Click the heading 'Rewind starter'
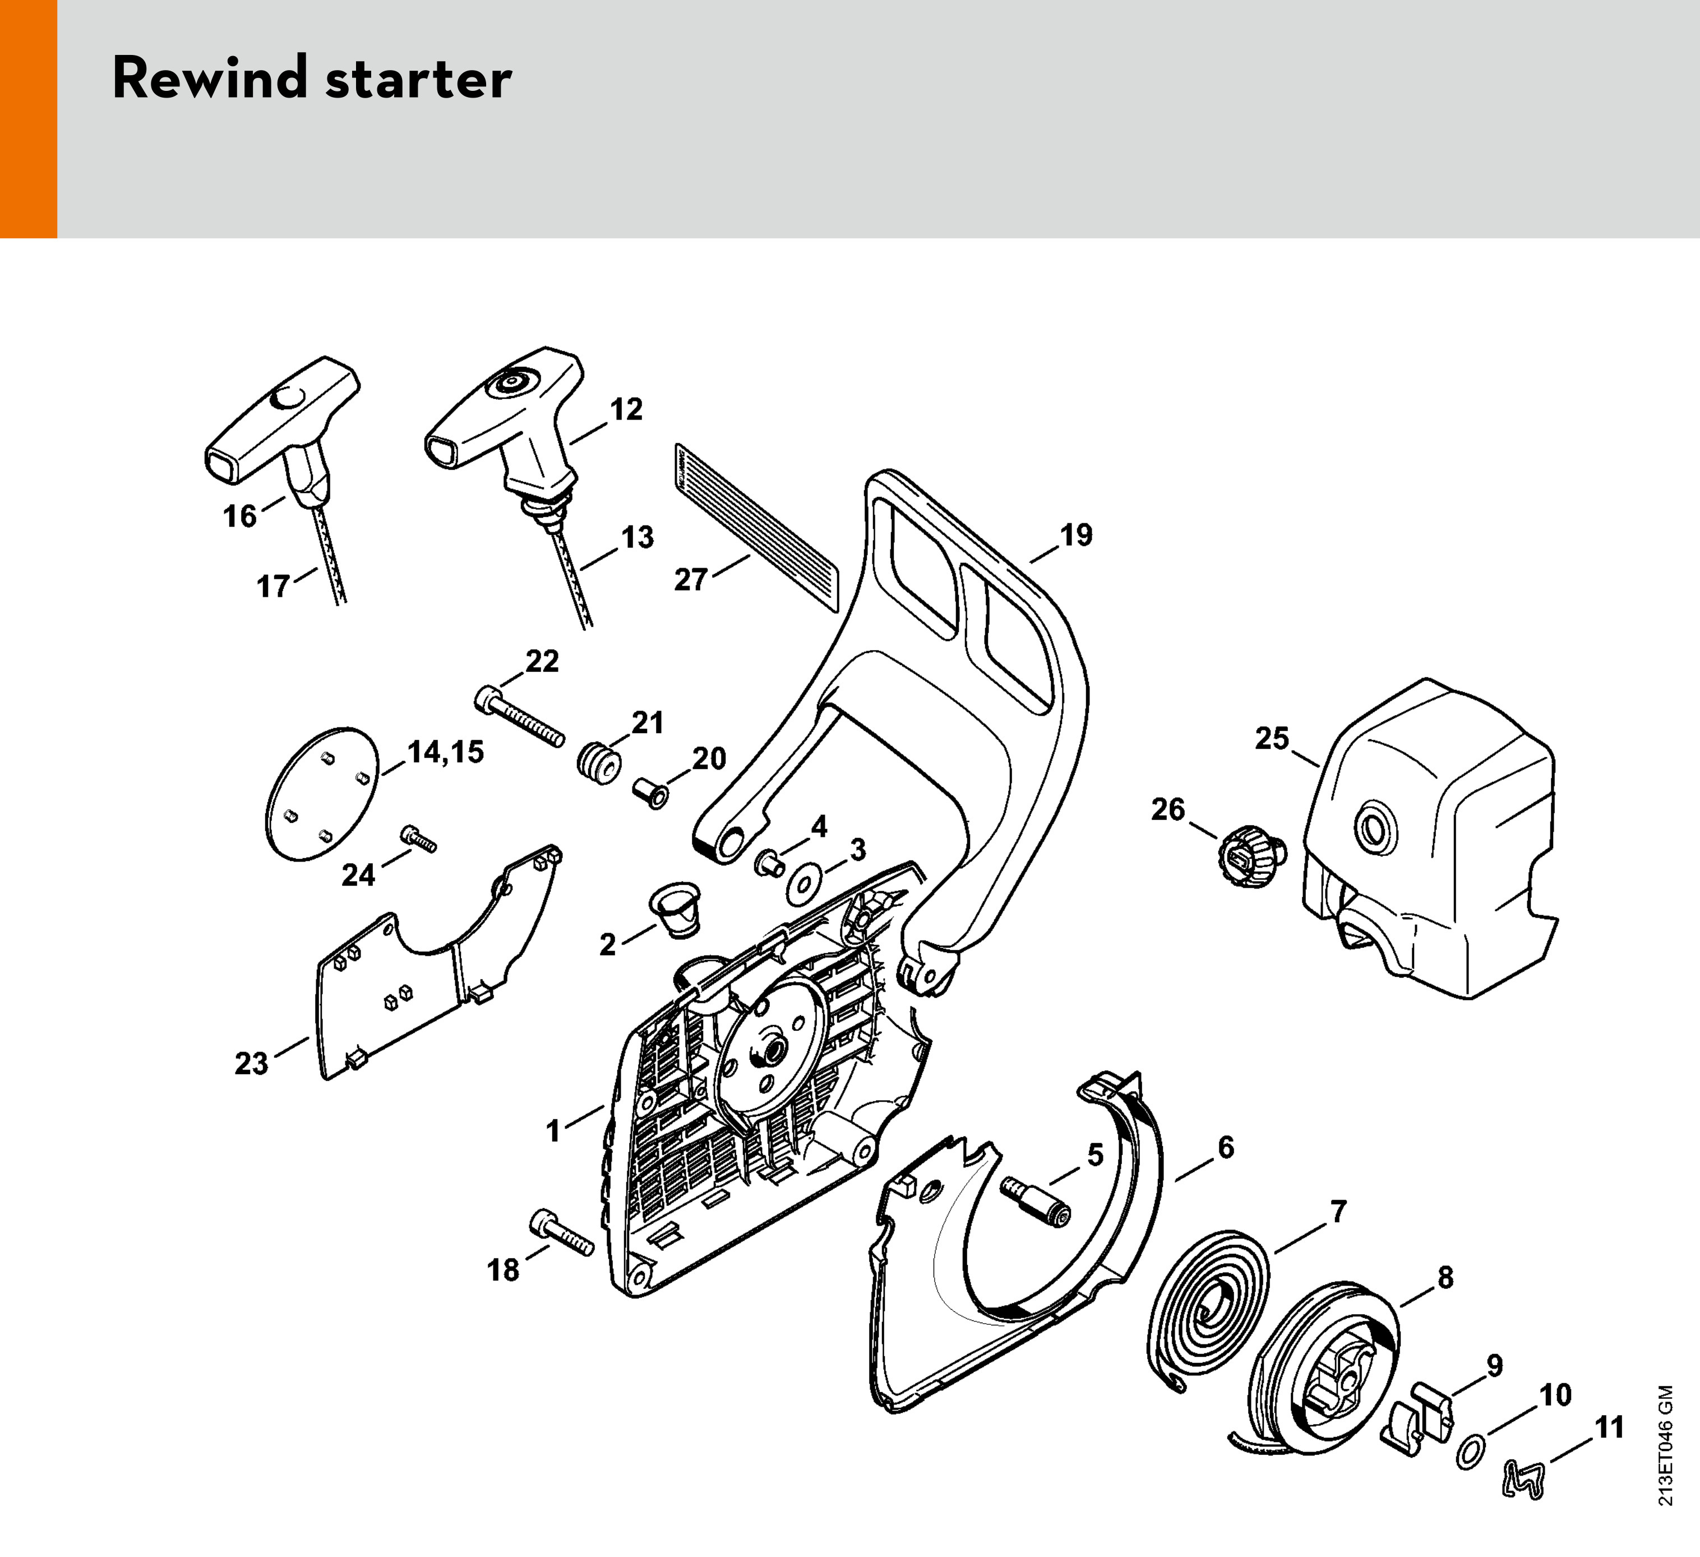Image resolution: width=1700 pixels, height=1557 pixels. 312,79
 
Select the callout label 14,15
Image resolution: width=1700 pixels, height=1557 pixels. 446,752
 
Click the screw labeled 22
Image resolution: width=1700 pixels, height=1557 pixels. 519,718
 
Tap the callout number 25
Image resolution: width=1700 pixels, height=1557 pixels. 1272,738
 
